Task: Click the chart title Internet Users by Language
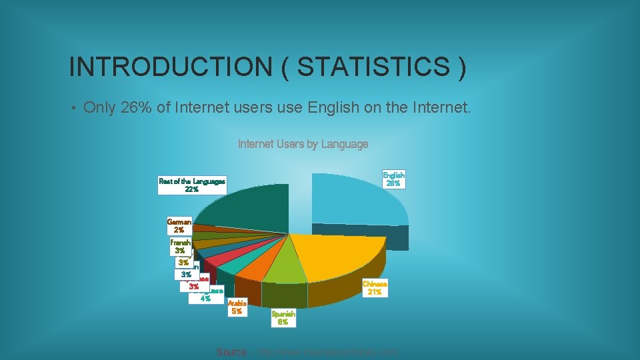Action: pos(303,144)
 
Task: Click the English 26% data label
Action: pos(393,179)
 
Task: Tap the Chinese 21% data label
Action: pos(375,288)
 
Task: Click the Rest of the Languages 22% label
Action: pos(192,185)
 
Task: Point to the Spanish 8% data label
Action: pos(283,318)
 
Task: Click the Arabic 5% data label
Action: pos(237,307)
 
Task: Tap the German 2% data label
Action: pos(179,225)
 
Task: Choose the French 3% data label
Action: pos(180,247)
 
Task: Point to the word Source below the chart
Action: pos(231,352)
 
